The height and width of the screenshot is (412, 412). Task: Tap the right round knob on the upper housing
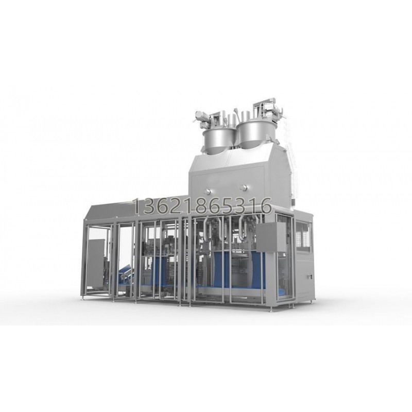pos(244,188)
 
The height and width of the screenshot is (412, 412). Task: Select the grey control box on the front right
pos(271,238)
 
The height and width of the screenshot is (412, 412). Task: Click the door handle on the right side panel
pos(310,277)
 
